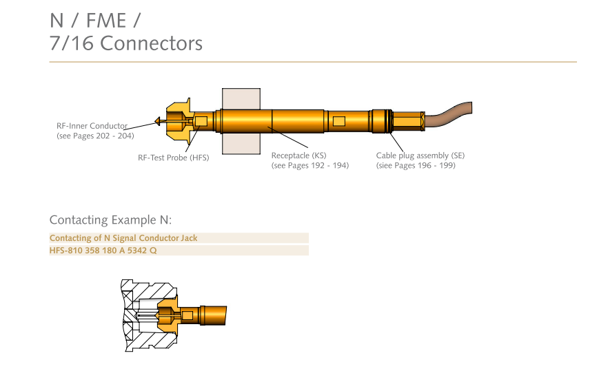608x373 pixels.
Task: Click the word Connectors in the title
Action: point(151,43)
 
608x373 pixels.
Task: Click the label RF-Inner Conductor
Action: point(92,126)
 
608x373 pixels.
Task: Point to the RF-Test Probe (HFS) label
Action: point(173,158)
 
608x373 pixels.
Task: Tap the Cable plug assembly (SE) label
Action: point(420,156)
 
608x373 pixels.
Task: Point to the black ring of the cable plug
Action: point(391,122)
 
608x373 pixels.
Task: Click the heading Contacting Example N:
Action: point(110,220)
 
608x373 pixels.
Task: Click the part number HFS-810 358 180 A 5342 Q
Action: point(103,251)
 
